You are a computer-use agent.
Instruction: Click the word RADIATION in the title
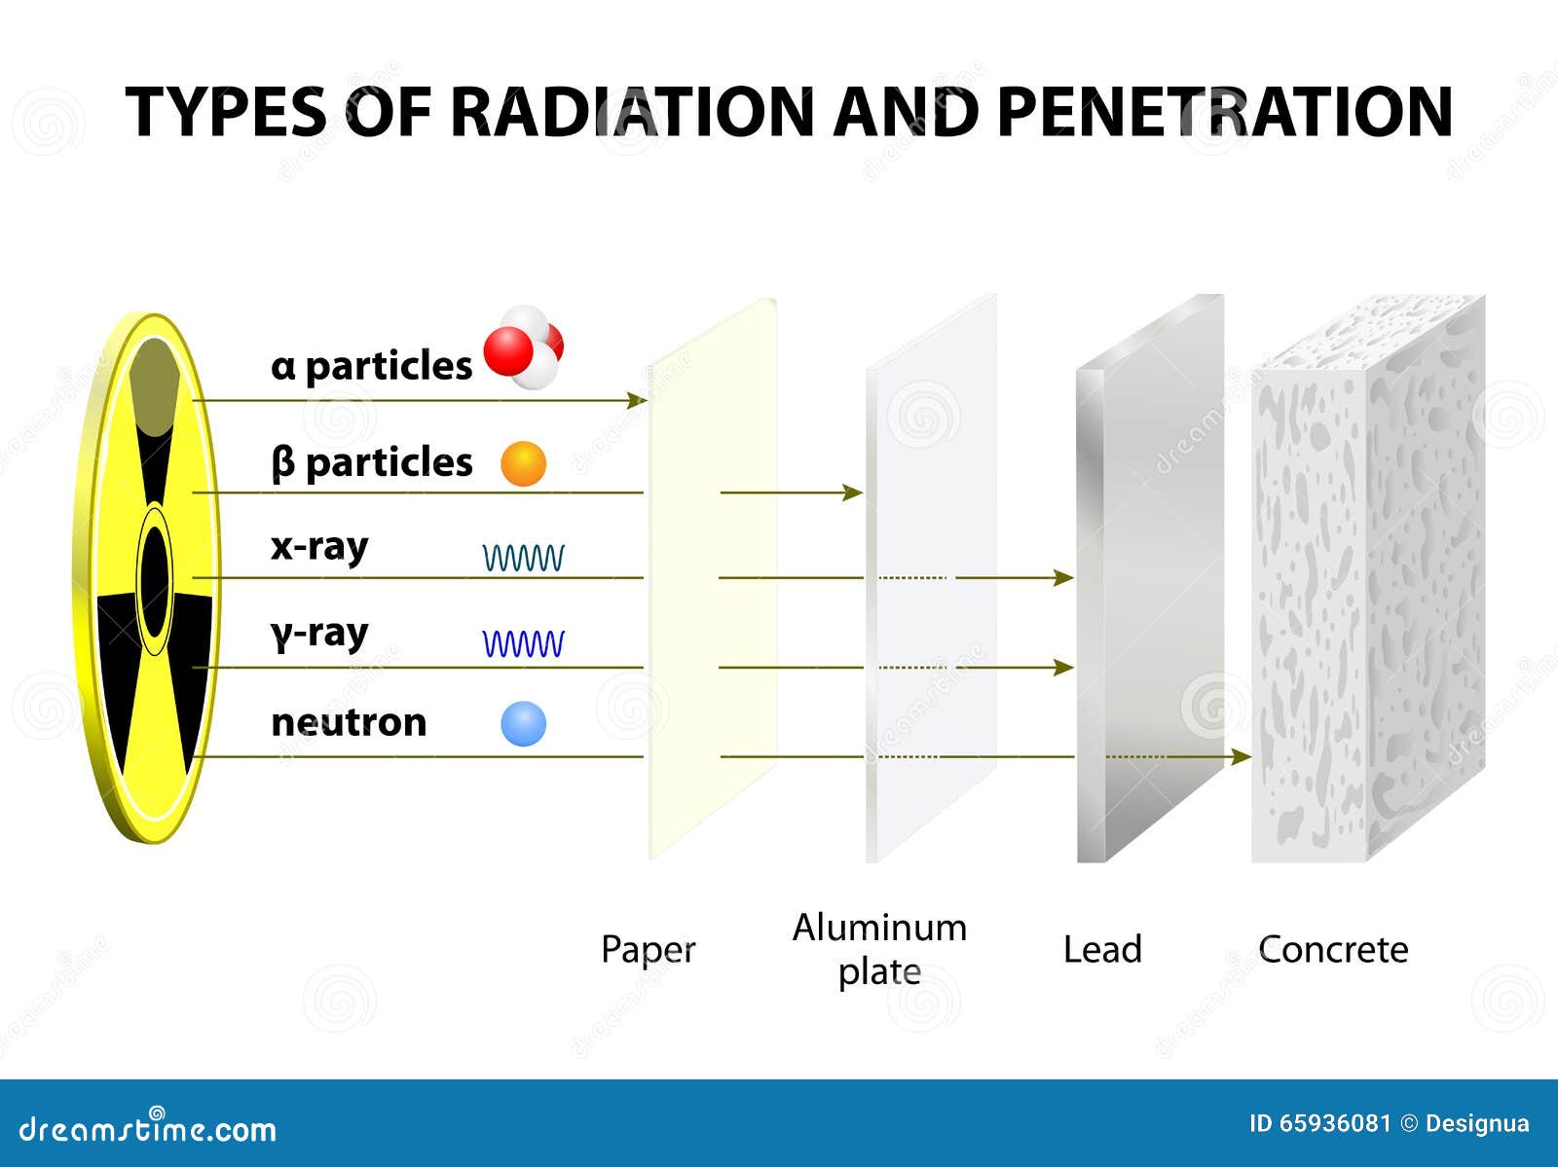[x=632, y=111]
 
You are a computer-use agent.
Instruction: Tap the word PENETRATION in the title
[x=1225, y=111]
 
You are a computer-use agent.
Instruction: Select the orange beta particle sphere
[x=523, y=464]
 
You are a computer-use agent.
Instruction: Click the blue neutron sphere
[x=523, y=723]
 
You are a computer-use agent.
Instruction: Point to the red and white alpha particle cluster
[x=524, y=347]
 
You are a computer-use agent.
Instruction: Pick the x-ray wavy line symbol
[x=523, y=558]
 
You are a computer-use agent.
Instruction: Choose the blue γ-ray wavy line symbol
[x=523, y=643]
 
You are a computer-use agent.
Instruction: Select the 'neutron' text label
[x=349, y=723]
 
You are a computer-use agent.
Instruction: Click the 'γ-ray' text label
[x=319, y=635]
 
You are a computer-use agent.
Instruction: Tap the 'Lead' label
[x=1102, y=949]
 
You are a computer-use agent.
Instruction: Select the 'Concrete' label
[x=1333, y=950]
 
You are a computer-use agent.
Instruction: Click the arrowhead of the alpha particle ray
[x=638, y=400]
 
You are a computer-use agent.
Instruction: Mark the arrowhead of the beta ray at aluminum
[x=852, y=492]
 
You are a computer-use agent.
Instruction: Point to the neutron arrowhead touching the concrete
[x=1241, y=757]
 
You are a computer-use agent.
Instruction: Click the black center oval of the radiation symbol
[x=155, y=580]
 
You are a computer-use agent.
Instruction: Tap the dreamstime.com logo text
[x=148, y=1128]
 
